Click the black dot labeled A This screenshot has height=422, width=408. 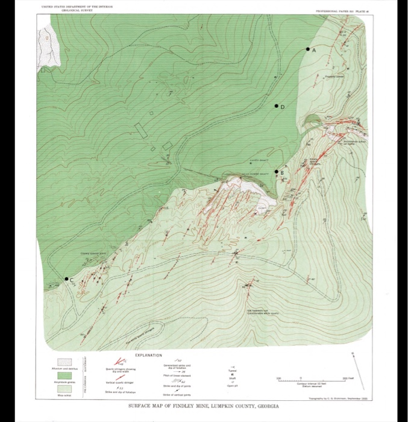click(x=307, y=49)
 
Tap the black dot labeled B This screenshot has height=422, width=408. click(x=277, y=172)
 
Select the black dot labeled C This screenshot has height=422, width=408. click(x=66, y=279)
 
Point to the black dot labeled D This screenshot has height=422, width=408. click(x=277, y=106)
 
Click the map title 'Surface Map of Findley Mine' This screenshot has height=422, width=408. click(x=204, y=405)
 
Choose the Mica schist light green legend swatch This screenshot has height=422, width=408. click(x=64, y=389)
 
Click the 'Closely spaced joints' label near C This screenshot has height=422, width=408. click(x=93, y=254)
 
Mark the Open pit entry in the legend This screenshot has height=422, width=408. click(x=232, y=386)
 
